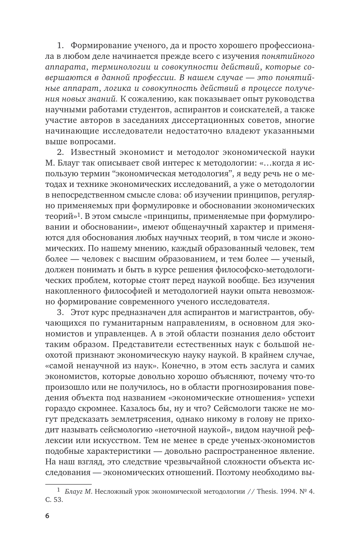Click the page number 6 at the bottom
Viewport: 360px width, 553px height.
[x=47, y=516]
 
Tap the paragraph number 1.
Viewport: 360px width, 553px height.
[x=60, y=45]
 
